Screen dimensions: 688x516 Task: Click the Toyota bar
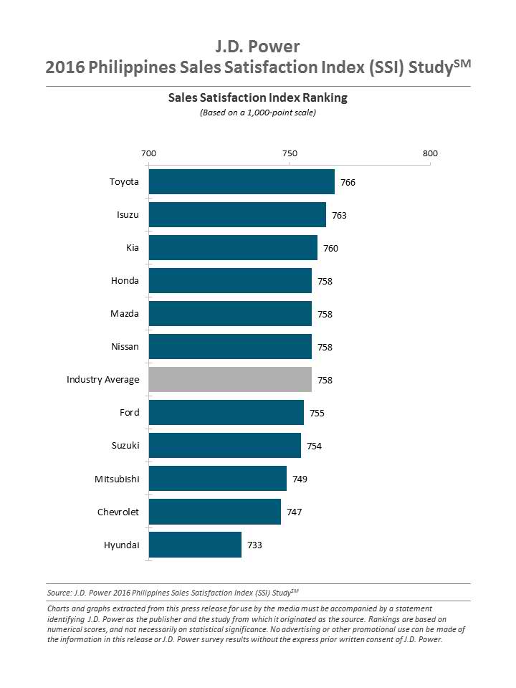click(x=242, y=182)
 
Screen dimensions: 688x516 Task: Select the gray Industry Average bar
click(x=230, y=380)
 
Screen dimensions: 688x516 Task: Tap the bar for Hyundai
click(x=195, y=545)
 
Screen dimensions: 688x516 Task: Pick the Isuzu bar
click(x=237, y=215)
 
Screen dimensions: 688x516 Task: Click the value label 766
click(x=348, y=183)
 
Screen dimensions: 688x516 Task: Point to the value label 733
click(x=254, y=545)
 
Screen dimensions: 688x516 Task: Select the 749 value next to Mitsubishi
click(x=300, y=479)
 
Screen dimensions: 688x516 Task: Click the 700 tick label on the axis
click(x=148, y=154)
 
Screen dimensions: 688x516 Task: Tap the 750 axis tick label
click(x=290, y=154)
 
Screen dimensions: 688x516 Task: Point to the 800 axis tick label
click(x=430, y=154)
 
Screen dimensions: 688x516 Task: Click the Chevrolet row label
click(x=118, y=512)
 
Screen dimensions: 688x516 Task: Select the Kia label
click(x=132, y=248)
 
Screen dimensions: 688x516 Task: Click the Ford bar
click(x=226, y=413)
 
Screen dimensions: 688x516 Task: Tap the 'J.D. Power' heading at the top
click(x=258, y=47)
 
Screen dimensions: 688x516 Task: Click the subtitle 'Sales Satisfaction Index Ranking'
click(x=258, y=97)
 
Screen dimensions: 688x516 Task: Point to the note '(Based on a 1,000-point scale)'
click(x=258, y=113)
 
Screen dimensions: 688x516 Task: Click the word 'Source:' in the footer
click(x=60, y=593)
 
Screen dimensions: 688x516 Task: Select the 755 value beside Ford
click(x=317, y=414)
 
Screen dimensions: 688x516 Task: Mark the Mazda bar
click(x=230, y=314)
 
